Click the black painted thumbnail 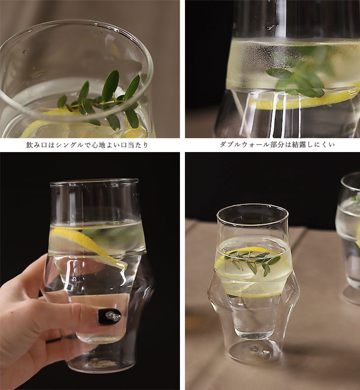(x=109, y=316)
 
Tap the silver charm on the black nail (x=113, y=316)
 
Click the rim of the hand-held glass (x=94, y=181)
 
